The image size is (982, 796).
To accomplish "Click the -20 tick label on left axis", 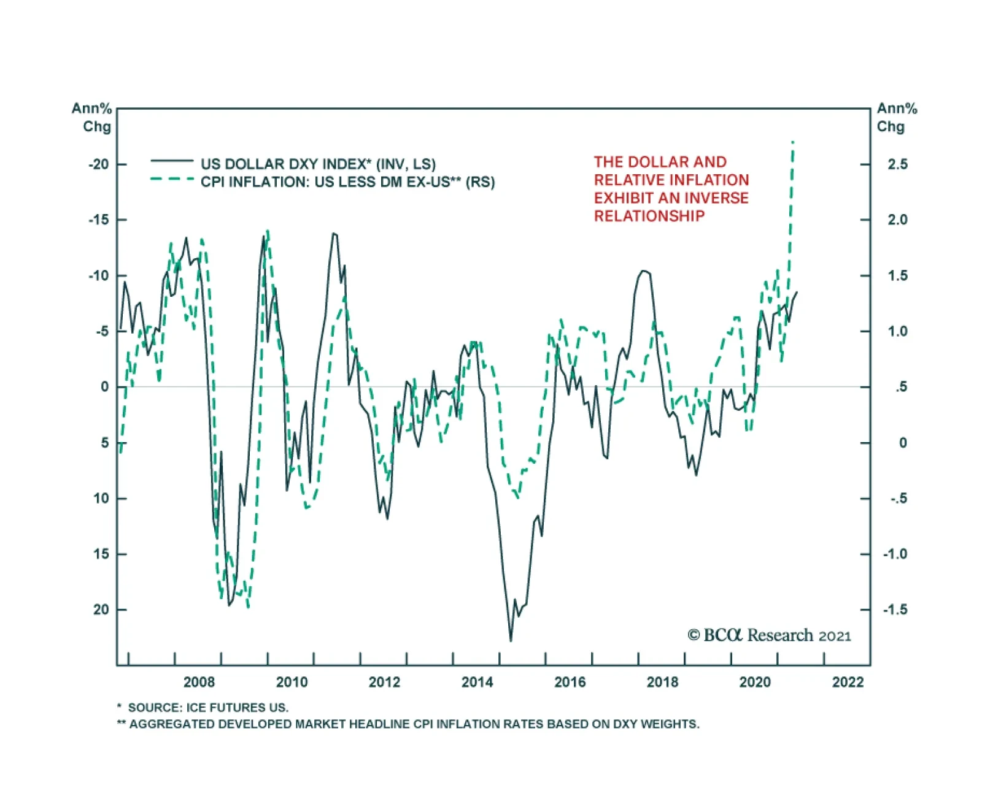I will coord(98,164).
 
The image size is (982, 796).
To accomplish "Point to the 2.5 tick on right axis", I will coord(897,164).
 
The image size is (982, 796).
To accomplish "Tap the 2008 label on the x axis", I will coord(199,682).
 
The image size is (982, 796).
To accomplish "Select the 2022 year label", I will coord(848,682).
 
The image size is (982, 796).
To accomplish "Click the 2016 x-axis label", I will coord(570,682).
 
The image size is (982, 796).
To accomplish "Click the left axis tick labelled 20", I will coord(101,610).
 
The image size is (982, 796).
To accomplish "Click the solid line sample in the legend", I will coord(172,161).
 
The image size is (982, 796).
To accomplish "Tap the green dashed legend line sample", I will coord(172,179).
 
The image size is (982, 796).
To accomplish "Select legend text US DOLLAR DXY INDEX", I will coord(285,164).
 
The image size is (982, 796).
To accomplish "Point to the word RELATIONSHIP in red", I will coord(649,216).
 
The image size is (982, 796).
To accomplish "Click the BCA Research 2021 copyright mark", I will coord(769,635).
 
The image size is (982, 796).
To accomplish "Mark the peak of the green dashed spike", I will coord(793,142).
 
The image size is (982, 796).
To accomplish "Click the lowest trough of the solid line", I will coord(511,641).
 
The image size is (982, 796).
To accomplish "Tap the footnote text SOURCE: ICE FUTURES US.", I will coord(207,708).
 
